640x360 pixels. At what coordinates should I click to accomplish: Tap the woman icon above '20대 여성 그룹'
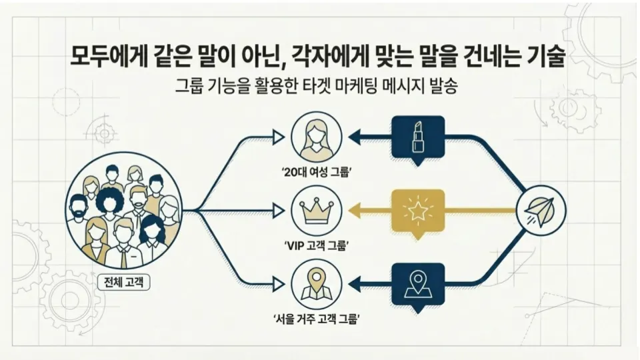point(317,137)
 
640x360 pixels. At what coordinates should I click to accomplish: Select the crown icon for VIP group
point(317,210)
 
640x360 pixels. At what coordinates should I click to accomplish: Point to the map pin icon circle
point(317,283)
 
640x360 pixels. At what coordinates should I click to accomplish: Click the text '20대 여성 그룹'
point(317,173)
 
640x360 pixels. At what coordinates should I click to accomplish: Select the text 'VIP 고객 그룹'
point(317,246)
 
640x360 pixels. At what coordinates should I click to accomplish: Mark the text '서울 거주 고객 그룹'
point(317,319)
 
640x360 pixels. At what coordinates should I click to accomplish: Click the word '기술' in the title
point(547,57)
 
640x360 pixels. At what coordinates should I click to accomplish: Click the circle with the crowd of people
point(125,210)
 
